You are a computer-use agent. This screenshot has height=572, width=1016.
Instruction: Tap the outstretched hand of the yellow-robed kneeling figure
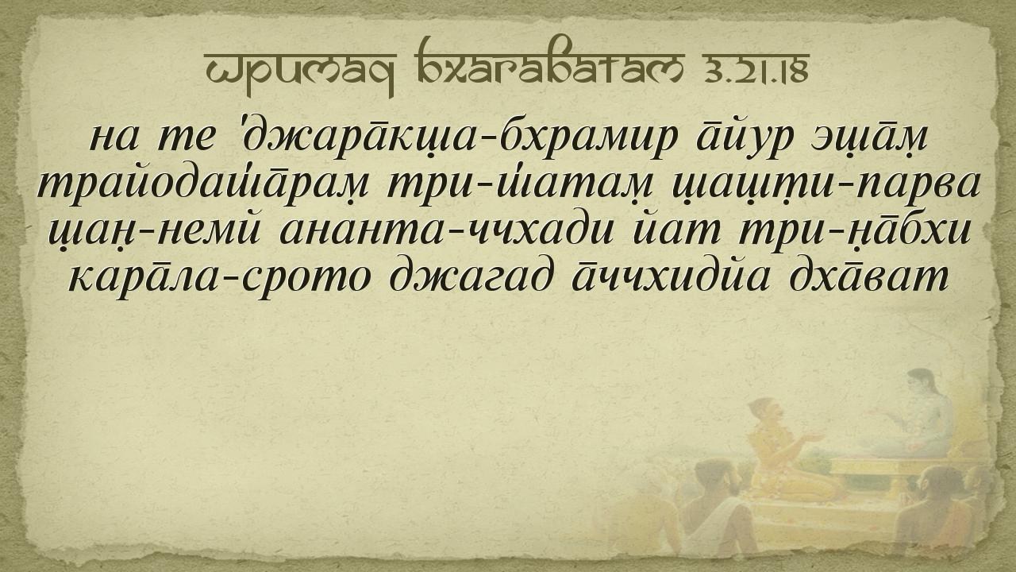tap(813, 438)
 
